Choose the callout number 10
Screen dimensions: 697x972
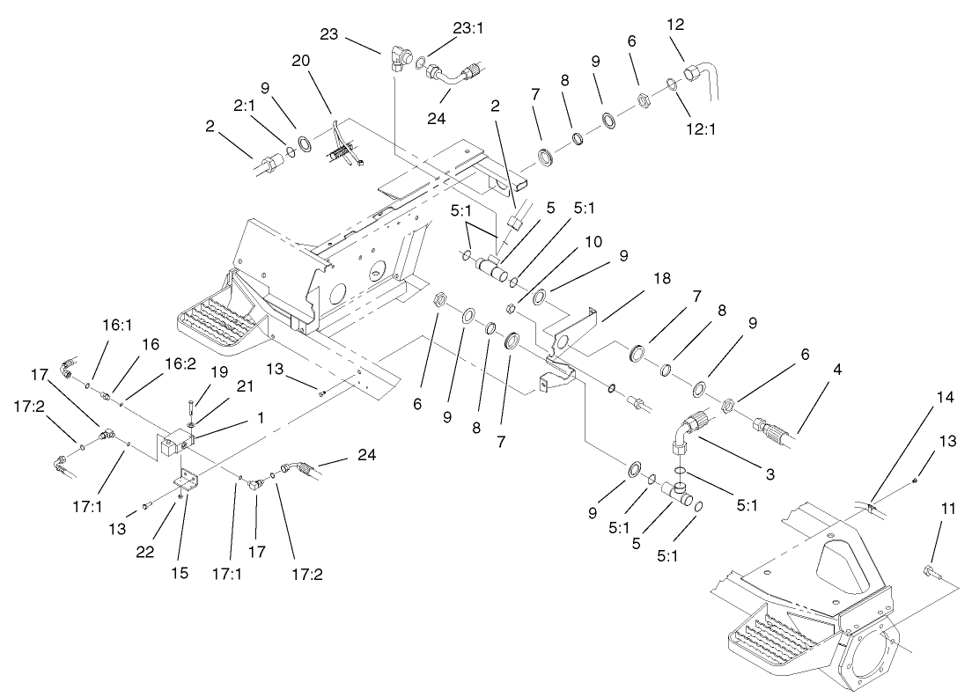tap(568, 239)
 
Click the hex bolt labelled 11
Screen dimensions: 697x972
tap(932, 575)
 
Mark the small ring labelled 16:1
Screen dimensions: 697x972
tap(88, 385)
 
